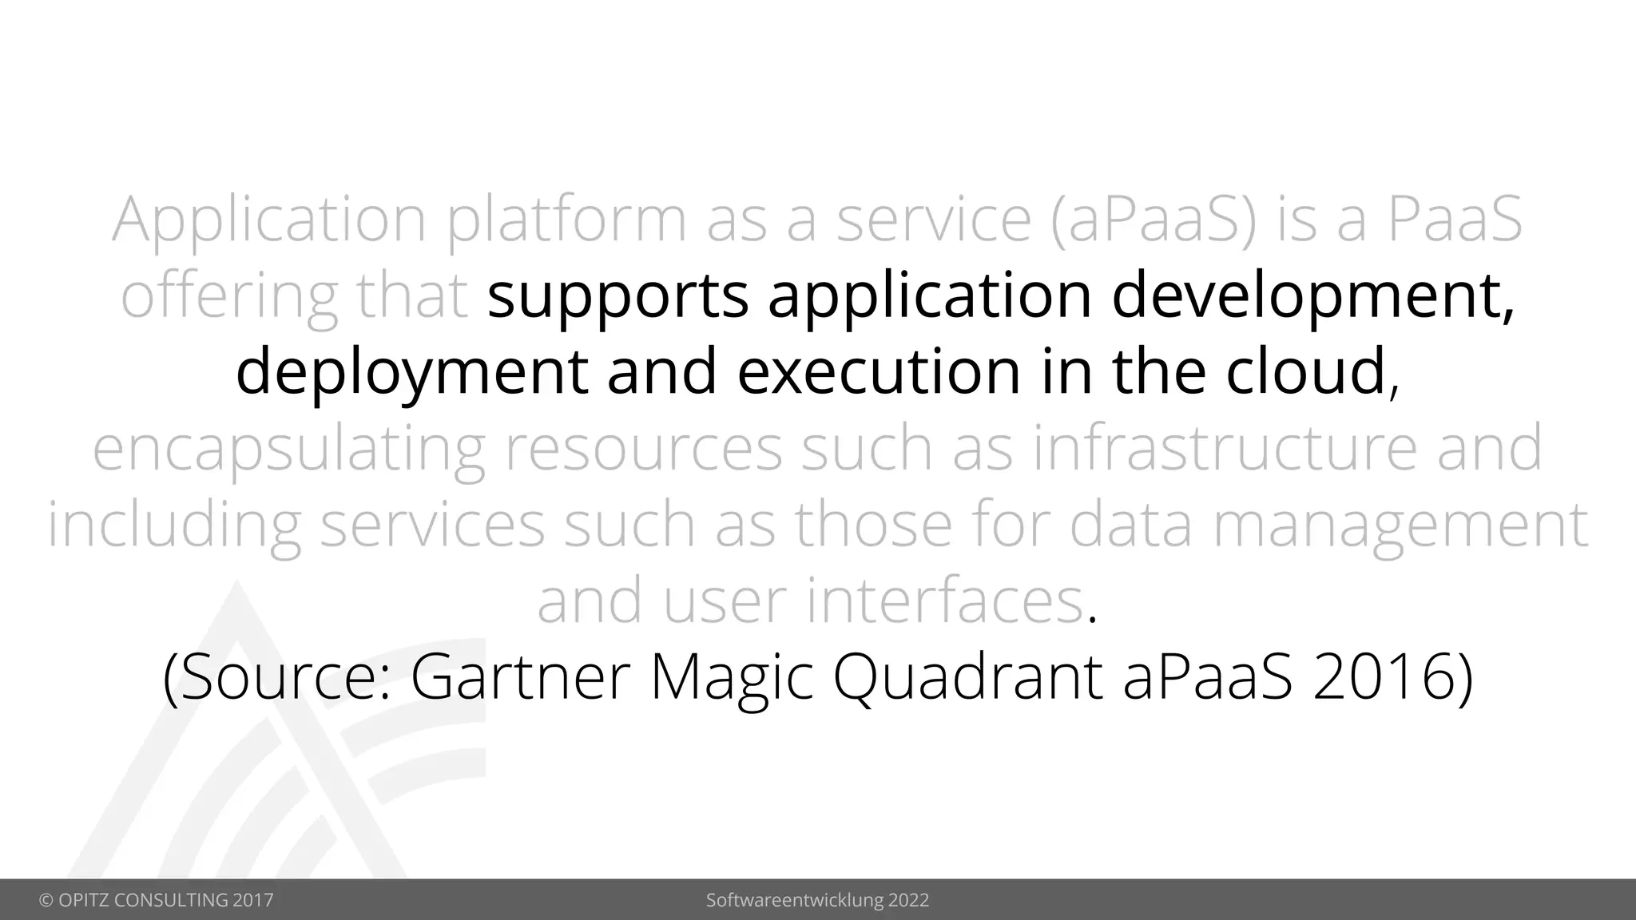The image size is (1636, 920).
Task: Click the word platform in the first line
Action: tap(566, 220)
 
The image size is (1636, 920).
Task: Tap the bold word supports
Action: tap(617, 296)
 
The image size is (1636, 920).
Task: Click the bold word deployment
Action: tap(411, 373)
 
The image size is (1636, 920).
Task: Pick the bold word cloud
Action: tap(1306, 373)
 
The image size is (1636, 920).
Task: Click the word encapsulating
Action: tap(288, 450)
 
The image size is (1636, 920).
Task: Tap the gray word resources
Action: tap(643, 448)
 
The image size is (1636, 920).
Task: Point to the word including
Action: tap(174, 525)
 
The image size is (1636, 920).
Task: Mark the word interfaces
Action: tap(945, 601)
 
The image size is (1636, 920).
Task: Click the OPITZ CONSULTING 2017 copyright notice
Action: tap(157, 900)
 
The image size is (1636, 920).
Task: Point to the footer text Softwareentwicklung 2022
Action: tap(817, 900)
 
